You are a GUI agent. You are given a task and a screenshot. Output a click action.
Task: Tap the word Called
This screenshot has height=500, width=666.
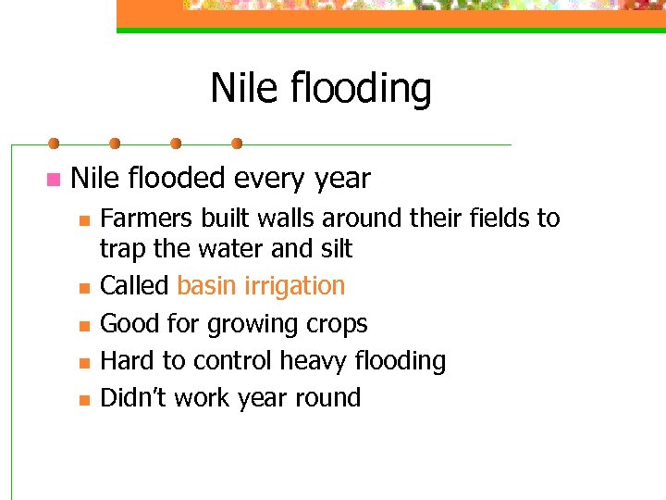134,286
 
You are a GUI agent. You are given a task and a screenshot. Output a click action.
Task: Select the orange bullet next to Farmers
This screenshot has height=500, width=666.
84,220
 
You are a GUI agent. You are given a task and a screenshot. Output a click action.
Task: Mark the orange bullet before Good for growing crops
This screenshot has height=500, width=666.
84,326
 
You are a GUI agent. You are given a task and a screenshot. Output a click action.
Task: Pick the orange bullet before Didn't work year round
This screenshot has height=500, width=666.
84,400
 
